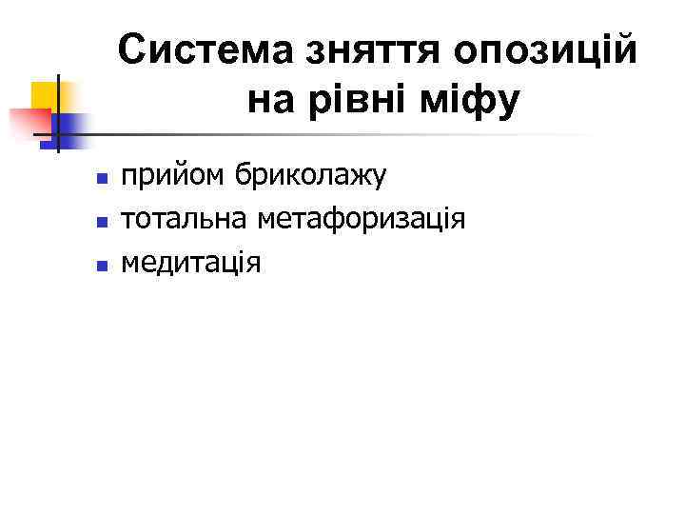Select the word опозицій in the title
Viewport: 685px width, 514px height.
tap(546, 50)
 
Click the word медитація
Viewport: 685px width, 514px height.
tap(189, 261)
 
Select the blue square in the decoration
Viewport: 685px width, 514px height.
tap(68, 125)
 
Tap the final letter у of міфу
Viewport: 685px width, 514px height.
tap(509, 101)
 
